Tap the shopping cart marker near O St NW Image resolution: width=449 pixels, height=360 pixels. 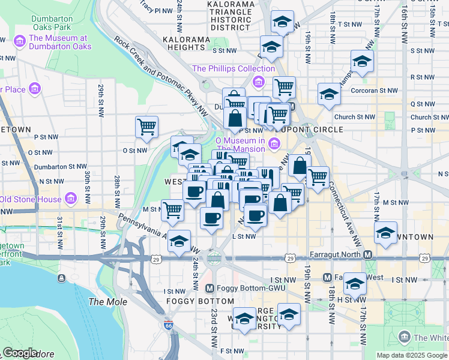pyautogui.click(x=146, y=127)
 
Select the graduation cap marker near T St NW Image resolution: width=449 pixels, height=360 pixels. pyautogui.click(x=282, y=22)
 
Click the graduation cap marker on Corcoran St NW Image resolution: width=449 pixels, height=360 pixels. pyautogui.click(x=329, y=94)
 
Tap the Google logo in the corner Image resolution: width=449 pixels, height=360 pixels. pyautogui.click(x=19, y=353)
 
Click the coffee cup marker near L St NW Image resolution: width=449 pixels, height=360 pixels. pyautogui.click(x=255, y=216)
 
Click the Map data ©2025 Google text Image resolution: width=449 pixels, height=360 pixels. pyautogui.click(x=411, y=355)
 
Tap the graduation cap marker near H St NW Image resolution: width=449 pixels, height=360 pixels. pyautogui.click(x=355, y=284)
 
